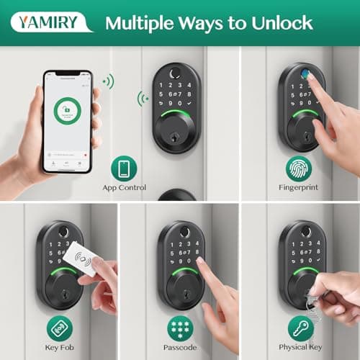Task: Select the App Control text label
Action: coord(124,188)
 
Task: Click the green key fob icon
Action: coord(60,328)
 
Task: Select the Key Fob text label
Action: coord(60,348)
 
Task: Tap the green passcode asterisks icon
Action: coord(180,328)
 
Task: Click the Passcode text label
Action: coord(180,348)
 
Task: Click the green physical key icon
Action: coord(300,328)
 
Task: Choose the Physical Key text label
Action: coord(300,348)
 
